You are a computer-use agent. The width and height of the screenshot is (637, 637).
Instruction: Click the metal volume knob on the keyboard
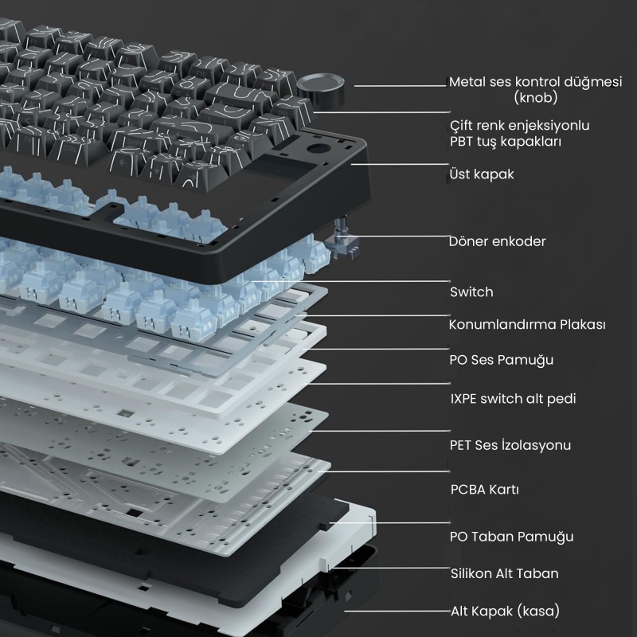pos(321,88)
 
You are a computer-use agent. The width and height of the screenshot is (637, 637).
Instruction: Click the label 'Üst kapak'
pos(482,174)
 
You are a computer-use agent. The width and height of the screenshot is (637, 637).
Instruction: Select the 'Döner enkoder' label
pos(497,241)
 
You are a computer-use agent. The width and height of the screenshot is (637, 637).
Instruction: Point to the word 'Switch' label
pos(471,291)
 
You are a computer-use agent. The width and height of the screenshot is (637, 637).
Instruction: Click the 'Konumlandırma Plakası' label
pos(527,324)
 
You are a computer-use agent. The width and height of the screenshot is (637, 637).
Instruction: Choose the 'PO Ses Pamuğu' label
pos(501,360)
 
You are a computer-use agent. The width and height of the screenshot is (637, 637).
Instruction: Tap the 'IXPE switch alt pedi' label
pos(513,399)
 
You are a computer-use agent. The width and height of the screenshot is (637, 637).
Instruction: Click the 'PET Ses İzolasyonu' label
pos(510,445)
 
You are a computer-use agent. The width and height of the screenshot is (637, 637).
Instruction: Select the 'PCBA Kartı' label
pos(484,489)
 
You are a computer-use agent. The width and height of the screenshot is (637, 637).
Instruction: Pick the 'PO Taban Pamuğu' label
pos(511,537)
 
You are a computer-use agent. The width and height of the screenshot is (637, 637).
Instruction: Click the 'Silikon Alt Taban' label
pos(504,573)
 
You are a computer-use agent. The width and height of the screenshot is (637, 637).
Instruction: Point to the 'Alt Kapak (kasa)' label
pos(505,611)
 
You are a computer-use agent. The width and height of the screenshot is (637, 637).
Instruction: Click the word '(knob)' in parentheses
pos(535,97)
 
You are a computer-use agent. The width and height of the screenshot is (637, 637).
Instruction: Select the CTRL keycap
pos(68,149)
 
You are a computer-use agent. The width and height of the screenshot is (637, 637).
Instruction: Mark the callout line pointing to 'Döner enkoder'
pos(393,236)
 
